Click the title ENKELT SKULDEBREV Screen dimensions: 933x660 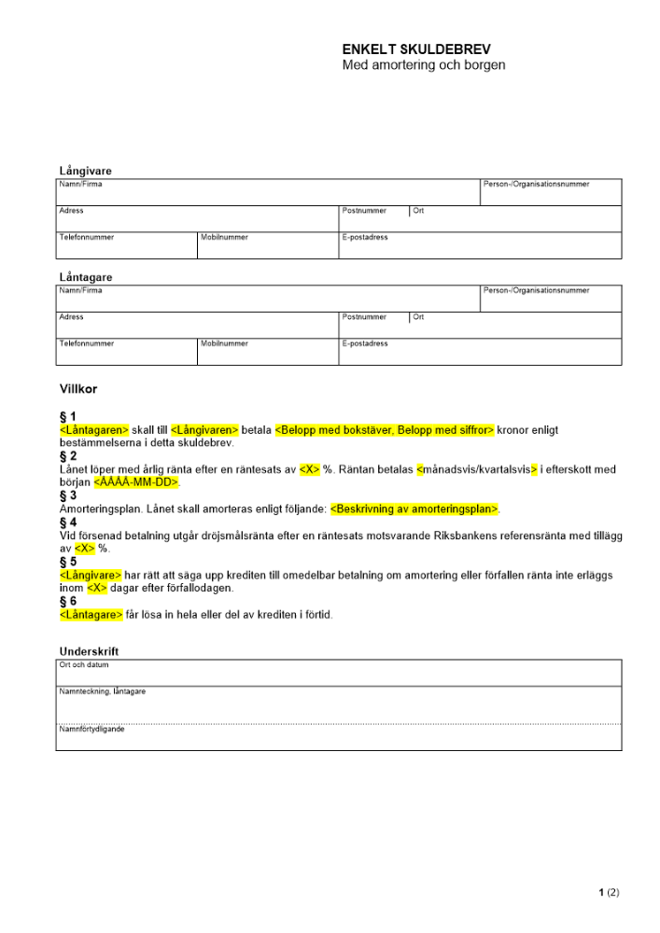(416, 49)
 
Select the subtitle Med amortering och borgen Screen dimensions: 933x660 (424, 65)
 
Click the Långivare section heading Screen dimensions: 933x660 (86, 171)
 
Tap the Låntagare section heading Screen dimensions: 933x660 (86, 277)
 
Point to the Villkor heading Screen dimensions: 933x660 (78, 388)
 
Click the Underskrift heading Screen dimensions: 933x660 (89, 651)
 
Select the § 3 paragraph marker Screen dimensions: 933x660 (68, 495)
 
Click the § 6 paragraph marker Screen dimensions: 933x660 (68, 602)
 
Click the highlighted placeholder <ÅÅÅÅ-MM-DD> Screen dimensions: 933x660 (136, 482)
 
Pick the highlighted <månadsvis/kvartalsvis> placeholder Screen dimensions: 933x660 (477, 469)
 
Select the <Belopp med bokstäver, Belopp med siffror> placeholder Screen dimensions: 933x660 (385, 429)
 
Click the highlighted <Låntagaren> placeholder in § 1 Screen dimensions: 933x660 (93, 429)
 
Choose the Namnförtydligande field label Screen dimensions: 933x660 (91, 729)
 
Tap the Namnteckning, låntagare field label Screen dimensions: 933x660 (102, 691)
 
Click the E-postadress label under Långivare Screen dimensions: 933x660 (365, 237)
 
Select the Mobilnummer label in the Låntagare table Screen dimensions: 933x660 (224, 343)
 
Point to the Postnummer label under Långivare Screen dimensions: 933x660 (364, 211)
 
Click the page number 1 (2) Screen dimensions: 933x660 (609, 893)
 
